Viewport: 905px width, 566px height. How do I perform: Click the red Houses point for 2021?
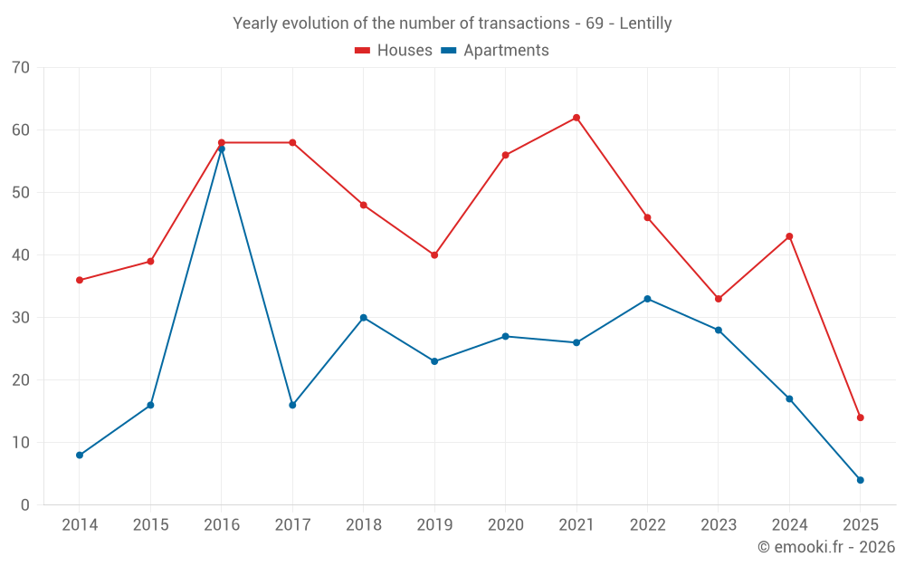(576, 118)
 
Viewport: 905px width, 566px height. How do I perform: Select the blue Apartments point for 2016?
(221, 149)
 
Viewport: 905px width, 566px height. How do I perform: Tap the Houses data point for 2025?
(860, 417)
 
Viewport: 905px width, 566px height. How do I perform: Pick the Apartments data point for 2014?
(80, 455)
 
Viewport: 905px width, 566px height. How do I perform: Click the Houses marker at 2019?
(434, 255)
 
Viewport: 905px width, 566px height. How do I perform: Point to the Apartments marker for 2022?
(647, 299)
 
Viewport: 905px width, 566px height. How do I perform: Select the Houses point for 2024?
(789, 236)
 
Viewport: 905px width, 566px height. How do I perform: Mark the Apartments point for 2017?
(292, 405)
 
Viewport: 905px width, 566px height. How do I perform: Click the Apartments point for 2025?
(860, 480)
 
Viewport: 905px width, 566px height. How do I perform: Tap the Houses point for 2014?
(80, 280)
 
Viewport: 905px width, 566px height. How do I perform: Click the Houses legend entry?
(394, 51)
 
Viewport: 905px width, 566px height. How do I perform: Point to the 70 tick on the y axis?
(21, 68)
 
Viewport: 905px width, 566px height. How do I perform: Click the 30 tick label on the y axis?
(21, 318)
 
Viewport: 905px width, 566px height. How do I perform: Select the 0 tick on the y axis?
(25, 505)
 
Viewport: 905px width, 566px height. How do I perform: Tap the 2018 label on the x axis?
(363, 525)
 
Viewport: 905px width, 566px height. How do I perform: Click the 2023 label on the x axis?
(718, 525)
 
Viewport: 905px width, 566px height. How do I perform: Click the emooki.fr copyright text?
(826, 547)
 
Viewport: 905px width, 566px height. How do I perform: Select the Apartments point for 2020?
(505, 336)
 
